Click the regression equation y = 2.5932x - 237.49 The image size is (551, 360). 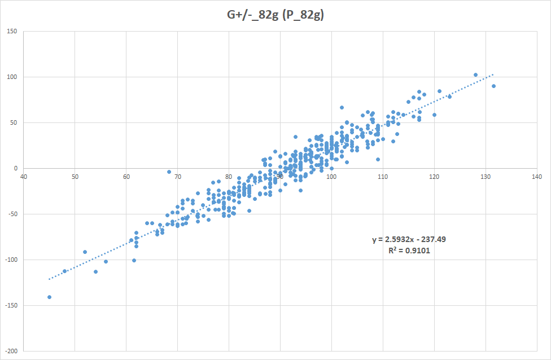(x=409, y=239)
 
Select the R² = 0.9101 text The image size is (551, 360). (x=409, y=250)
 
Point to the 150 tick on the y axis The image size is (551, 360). (x=12, y=31)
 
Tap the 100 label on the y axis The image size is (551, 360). (x=12, y=77)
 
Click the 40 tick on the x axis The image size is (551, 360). (x=23, y=177)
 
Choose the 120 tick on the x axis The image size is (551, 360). (x=434, y=177)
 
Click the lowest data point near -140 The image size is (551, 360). (x=49, y=297)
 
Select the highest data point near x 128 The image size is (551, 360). (x=475, y=74)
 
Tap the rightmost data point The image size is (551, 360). (x=493, y=86)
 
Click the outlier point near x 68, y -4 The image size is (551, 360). (x=169, y=172)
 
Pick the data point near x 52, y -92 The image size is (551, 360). (x=85, y=252)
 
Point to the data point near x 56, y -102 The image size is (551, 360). (x=106, y=261)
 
